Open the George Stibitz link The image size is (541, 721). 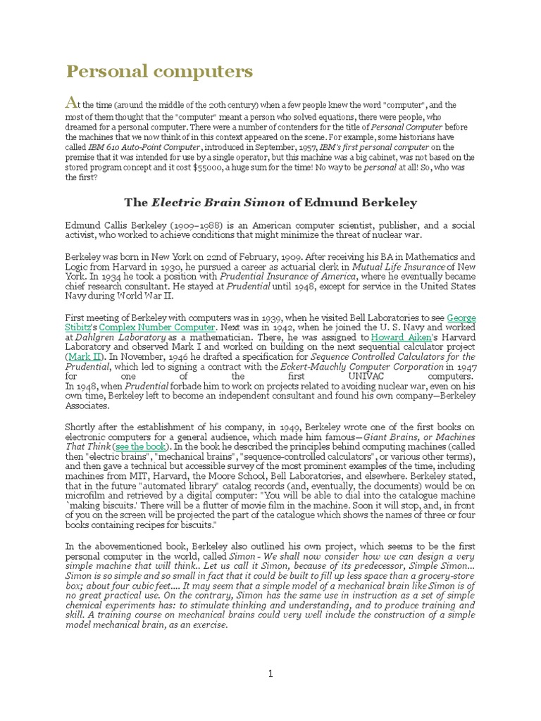(x=461, y=318)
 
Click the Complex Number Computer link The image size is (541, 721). (x=157, y=327)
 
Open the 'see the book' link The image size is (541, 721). (x=140, y=446)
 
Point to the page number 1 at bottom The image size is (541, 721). (x=270, y=674)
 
